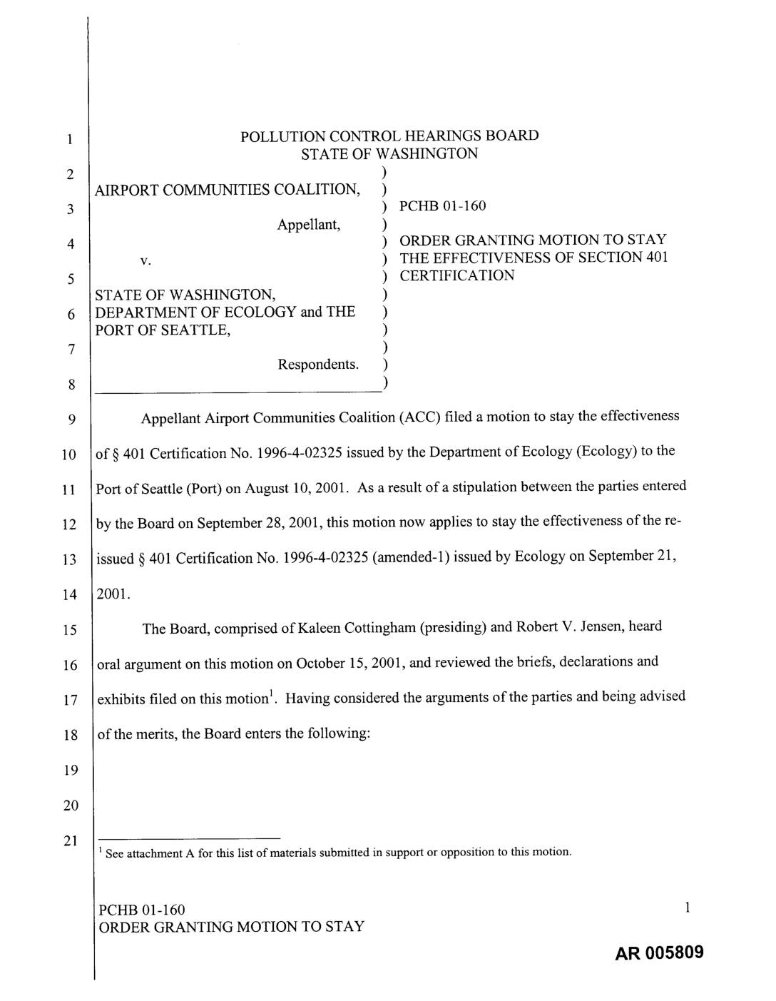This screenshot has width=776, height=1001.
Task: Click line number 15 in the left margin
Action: tap(69, 630)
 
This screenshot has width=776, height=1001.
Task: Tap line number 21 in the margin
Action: tap(69, 840)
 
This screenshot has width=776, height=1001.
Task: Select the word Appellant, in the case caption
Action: tap(309, 225)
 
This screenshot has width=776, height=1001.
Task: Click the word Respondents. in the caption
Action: tap(318, 365)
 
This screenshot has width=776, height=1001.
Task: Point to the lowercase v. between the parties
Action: tap(145, 261)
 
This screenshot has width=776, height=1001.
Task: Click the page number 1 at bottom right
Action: tap(687, 908)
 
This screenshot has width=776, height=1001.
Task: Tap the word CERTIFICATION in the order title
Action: tap(456, 275)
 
